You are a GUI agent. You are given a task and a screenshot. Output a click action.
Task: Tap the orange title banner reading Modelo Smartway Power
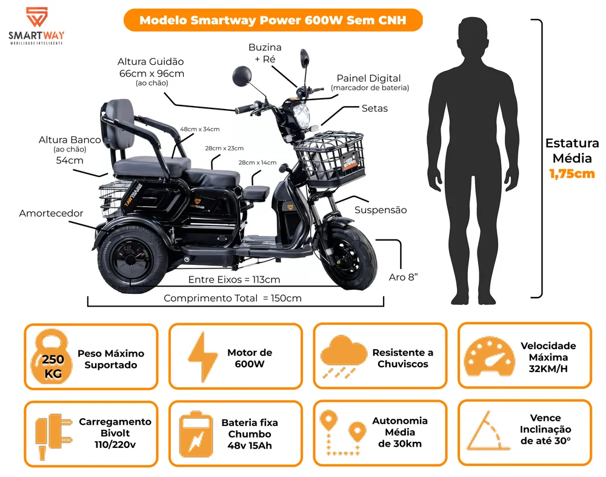[273, 20]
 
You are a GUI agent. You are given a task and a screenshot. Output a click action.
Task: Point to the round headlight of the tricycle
[301, 115]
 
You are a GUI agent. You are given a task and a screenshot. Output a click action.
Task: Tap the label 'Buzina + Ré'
[265, 53]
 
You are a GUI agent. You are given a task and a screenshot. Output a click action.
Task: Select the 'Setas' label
[375, 108]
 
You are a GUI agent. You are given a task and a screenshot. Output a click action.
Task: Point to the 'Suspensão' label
[381, 210]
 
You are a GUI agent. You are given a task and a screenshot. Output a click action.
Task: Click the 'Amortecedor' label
[51, 213]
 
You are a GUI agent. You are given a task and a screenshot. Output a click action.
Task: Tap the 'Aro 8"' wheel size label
[403, 277]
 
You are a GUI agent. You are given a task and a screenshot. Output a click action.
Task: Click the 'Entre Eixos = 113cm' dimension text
[234, 279]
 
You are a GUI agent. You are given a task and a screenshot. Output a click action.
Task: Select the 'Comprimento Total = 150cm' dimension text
[233, 298]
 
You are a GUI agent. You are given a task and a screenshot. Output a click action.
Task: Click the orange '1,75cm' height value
[572, 173]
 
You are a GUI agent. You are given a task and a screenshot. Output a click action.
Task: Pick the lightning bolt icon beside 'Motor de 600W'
[202, 357]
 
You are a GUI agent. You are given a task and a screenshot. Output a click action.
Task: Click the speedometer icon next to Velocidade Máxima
[489, 356]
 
